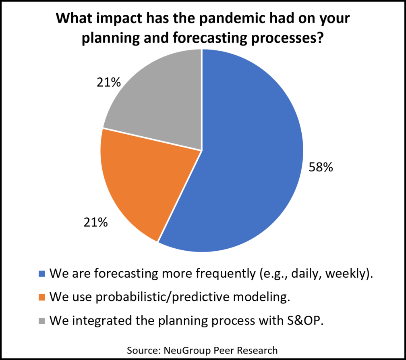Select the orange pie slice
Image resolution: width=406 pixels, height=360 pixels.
(145, 181)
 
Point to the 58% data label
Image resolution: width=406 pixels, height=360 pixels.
(321, 167)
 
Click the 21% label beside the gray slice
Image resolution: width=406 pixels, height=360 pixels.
(109, 82)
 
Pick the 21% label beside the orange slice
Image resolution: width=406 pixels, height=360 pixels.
(95, 223)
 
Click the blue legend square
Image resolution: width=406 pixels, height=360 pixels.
(42, 274)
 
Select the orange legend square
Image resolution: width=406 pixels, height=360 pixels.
(42, 297)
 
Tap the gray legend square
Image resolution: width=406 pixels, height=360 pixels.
(42, 321)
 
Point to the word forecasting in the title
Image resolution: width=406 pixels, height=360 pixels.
(209, 38)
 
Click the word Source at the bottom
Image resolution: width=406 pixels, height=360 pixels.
(143, 350)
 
